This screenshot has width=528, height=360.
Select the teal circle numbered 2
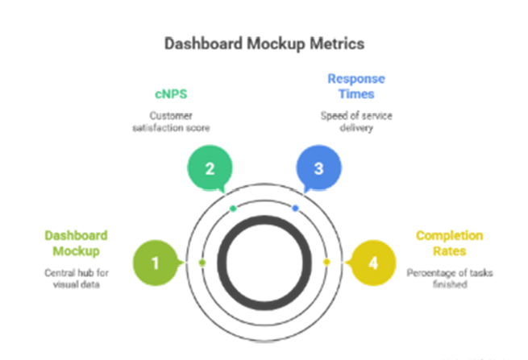(209, 169)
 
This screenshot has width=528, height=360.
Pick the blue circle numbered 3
(318, 169)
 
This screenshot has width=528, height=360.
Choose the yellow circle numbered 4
(372, 262)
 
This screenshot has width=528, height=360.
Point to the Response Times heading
(356, 85)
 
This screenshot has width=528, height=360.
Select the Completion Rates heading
(448, 242)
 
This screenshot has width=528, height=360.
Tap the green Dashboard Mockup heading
(77, 242)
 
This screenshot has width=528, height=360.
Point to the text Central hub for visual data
(77, 278)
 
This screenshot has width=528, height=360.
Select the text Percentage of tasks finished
(448, 278)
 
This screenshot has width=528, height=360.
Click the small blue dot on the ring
(295, 209)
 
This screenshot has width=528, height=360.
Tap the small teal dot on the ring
(233, 209)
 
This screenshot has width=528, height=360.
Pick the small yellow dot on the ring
(326, 263)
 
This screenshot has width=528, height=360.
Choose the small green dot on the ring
(202, 263)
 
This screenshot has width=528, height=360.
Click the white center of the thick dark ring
(264, 263)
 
